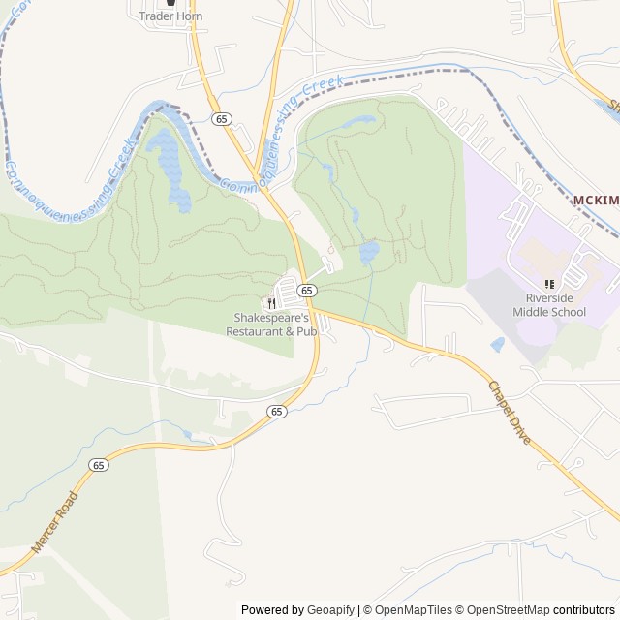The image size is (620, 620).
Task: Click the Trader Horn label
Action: pos(170,15)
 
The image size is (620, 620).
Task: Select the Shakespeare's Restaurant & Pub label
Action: pos(274,325)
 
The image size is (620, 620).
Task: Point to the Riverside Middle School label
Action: pos(550,305)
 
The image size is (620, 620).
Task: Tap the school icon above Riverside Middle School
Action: pos(549,284)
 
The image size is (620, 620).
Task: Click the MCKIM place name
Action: pos(595,200)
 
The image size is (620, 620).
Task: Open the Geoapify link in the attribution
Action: pos(330,610)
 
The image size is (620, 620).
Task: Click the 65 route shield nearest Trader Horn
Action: pos(223,119)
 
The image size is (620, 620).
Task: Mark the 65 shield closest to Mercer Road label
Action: pos(99,465)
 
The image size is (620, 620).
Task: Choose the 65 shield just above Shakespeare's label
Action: pos(306,291)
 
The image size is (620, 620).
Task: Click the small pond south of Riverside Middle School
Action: pos(497,344)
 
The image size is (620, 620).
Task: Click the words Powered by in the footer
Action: pos(271,610)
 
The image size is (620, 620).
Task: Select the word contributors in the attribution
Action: pos(586,610)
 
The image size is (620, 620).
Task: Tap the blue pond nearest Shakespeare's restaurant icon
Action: pos(368,254)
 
